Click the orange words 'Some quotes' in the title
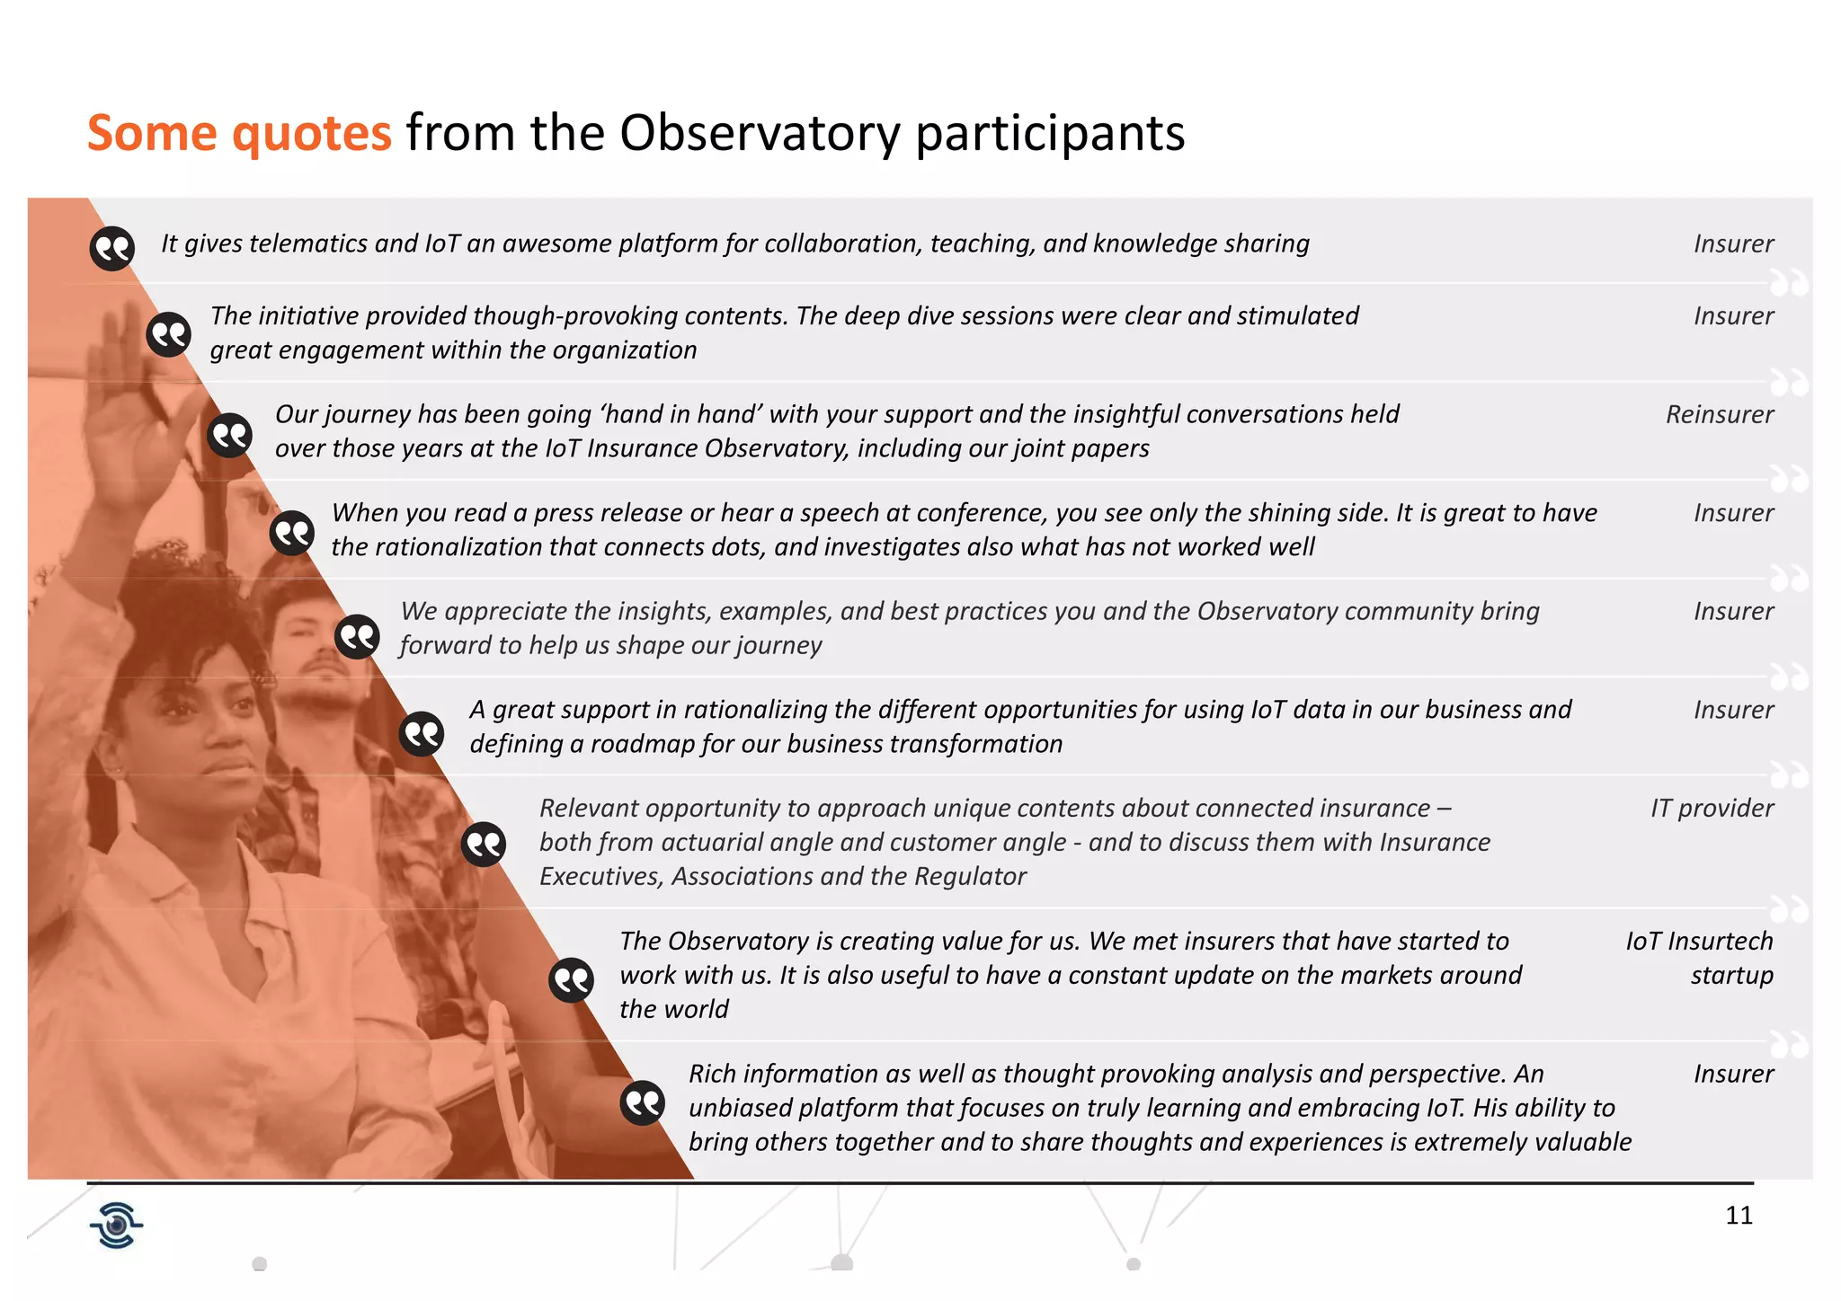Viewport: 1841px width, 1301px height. pos(239,133)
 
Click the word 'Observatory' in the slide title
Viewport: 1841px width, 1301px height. pos(760,133)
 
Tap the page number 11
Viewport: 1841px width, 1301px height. pos(1739,1216)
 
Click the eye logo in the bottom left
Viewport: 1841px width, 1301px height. pos(116,1226)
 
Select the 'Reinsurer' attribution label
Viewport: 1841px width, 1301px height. pos(1719,414)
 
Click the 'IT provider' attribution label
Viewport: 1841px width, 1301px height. pos(1711,808)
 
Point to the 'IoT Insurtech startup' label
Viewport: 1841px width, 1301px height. pos(1699,958)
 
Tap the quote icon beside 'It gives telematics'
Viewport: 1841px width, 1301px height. pos(112,248)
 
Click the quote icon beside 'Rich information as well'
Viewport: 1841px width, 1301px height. pos(643,1102)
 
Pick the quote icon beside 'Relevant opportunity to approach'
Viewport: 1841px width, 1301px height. pos(484,845)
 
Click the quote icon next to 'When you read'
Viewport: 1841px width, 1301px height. pos(292,534)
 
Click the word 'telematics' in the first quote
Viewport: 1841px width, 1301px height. pos(309,243)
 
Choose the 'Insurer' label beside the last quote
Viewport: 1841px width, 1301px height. pos(1732,1074)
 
